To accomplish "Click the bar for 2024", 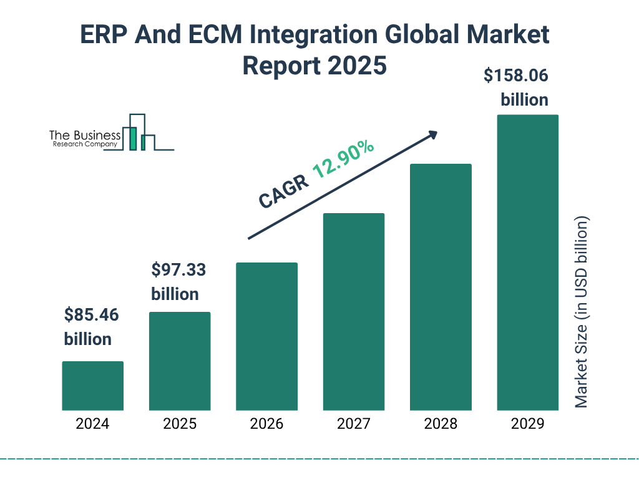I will click(x=92, y=386).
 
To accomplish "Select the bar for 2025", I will click(x=180, y=361).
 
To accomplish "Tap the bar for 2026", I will click(x=266, y=336).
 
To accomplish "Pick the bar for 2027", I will click(x=353, y=311).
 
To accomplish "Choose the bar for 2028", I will click(x=441, y=287).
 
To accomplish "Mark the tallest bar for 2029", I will click(x=527, y=262).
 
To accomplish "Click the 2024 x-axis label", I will click(x=92, y=424).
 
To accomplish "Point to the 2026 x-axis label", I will click(x=266, y=424).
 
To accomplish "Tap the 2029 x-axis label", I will click(x=527, y=424).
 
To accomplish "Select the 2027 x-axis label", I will click(x=353, y=424).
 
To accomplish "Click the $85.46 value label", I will click(x=91, y=315).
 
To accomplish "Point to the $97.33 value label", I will click(x=178, y=270).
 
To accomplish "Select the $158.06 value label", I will click(x=517, y=76).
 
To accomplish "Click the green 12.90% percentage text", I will click(x=343, y=159).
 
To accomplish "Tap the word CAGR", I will click(x=283, y=191).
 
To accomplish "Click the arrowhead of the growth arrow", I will click(x=432, y=135).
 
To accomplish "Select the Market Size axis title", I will click(x=582, y=312).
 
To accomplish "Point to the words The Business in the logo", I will click(x=85, y=136).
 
